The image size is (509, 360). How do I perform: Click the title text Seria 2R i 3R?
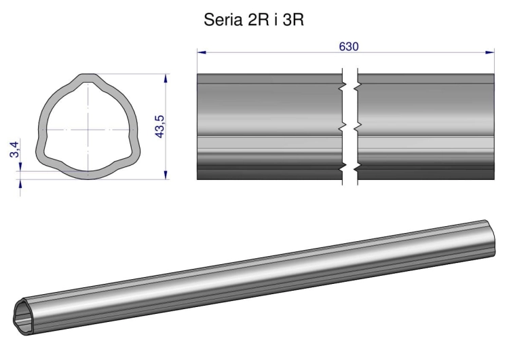click(x=254, y=20)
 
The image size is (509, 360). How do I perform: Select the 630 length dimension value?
click(x=349, y=47)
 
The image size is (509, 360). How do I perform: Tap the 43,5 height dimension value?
click(x=160, y=127)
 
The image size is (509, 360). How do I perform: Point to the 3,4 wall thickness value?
click(x=15, y=150)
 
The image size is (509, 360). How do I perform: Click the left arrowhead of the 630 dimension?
click(x=202, y=52)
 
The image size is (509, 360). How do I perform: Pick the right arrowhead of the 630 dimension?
click(x=489, y=52)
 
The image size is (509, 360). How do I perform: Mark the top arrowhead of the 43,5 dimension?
click(x=166, y=78)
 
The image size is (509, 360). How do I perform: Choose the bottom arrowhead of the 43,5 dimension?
click(x=166, y=175)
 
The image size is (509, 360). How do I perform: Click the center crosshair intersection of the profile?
click(x=88, y=130)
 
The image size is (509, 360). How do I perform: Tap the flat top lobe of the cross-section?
click(x=88, y=77)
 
